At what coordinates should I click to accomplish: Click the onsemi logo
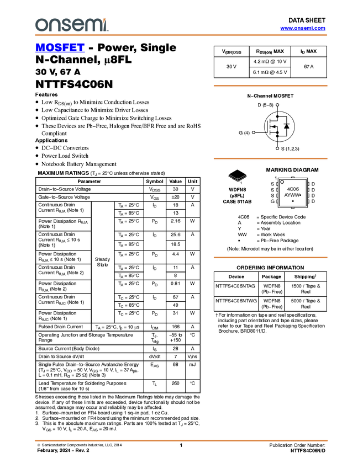click(71, 25)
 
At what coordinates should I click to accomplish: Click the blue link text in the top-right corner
click(303, 28)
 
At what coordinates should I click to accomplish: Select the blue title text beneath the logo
click(60, 48)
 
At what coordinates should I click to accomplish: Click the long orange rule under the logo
click(181, 35)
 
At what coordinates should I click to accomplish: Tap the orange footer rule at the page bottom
click(181, 441)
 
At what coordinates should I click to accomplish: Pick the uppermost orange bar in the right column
click(270, 86)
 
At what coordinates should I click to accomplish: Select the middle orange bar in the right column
click(270, 158)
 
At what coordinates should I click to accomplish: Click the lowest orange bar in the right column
click(270, 257)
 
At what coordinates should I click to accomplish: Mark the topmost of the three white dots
click(277, 104)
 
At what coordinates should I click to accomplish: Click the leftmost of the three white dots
click(253, 132)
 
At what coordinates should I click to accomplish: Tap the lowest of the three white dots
click(277, 148)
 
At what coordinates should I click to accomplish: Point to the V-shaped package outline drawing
click(238, 178)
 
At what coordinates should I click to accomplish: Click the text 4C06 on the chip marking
click(293, 189)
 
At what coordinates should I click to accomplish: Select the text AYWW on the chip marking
click(292, 195)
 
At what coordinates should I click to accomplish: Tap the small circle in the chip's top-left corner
click(282, 182)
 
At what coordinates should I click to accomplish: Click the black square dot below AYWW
click(293, 201)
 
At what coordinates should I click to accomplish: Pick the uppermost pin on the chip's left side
click(277, 184)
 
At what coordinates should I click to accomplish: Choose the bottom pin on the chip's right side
click(308, 201)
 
